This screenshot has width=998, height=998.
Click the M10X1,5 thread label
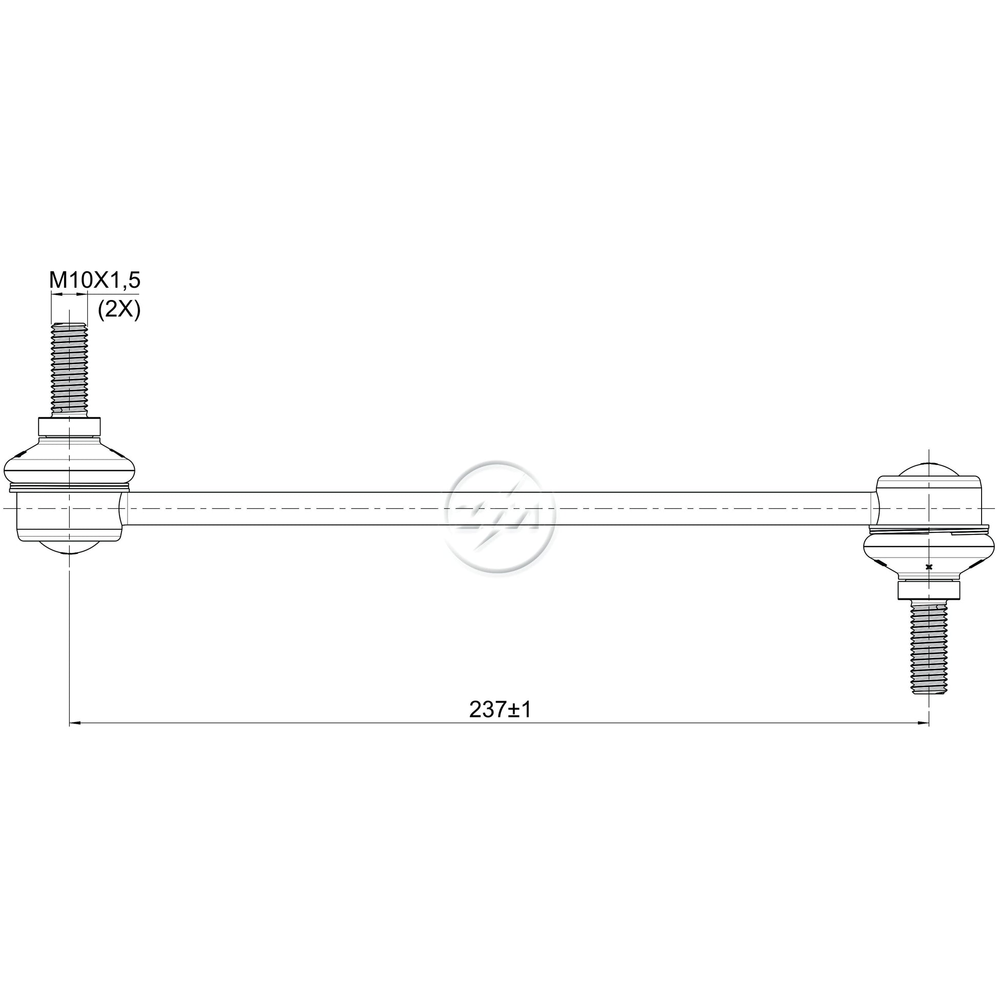pos(95,281)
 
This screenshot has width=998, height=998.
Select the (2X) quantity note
pos(119,310)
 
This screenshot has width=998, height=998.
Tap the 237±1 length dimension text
pos(500,710)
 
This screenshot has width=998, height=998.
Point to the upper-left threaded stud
pos(69,369)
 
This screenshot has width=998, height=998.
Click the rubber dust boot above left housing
pos(69,463)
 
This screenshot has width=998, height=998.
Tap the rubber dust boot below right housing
pos(929,553)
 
